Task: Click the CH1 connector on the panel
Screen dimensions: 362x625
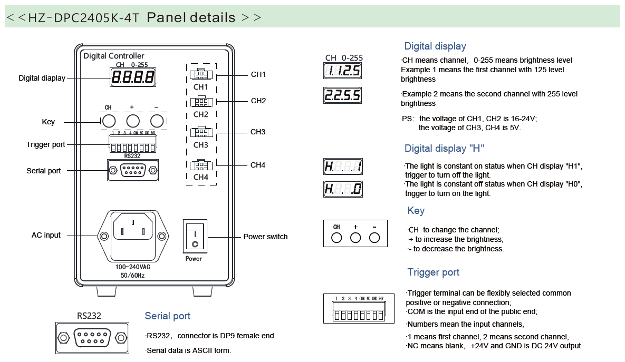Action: [201, 75]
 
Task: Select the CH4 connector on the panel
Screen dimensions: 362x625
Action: [201, 165]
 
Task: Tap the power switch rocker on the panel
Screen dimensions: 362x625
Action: [196, 236]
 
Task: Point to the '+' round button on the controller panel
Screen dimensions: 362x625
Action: [132, 121]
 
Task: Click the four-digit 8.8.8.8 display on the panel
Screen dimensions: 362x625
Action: [132, 78]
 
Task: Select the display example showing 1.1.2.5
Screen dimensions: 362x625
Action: [342, 71]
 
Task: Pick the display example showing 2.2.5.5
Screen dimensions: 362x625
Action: [342, 95]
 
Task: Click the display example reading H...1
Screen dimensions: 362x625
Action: [342, 167]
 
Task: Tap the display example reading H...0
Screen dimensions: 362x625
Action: [342, 189]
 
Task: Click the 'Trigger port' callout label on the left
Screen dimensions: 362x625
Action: [46, 144]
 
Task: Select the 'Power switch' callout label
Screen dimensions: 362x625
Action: [265, 237]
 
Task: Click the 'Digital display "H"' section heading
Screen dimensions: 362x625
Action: [444, 148]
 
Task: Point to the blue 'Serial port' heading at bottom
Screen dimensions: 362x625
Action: [167, 316]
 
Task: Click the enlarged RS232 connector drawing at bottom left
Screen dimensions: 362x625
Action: [92, 337]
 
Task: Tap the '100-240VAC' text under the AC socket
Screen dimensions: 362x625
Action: [133, 267]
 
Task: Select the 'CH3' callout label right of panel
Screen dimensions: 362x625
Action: [258, 132]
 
